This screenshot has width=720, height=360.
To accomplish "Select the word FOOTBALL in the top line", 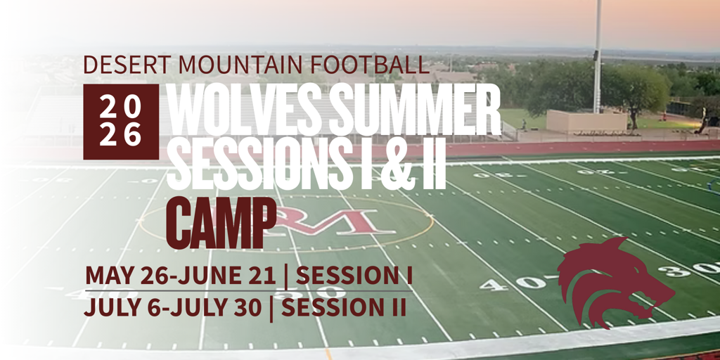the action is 370,65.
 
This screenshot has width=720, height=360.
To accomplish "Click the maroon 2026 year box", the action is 121,122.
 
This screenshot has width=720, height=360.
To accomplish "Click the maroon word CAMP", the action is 221,222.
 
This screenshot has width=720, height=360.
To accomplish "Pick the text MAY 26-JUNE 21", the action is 181,276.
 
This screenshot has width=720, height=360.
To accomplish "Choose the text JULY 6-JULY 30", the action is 173,308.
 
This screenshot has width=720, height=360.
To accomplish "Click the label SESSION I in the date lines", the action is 354,276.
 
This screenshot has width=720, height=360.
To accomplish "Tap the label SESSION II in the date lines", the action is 344,308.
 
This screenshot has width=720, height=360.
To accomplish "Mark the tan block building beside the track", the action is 586,121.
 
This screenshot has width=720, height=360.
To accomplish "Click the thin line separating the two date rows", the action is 248,291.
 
